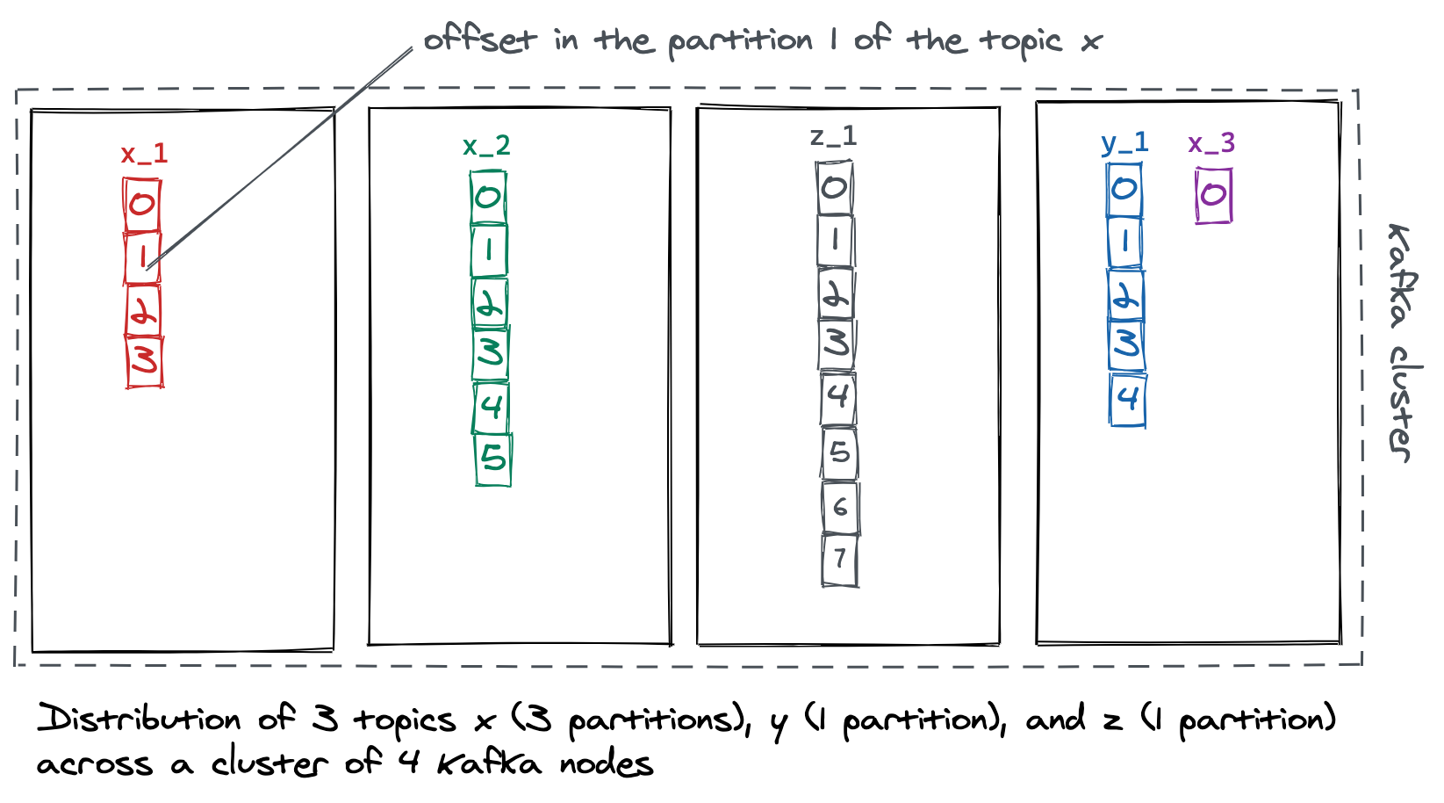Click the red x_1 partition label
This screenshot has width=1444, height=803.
(144, 154)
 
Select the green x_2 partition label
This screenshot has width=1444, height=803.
(486, 146)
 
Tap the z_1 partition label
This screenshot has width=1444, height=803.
(833, 136)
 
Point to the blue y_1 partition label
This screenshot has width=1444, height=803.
(1124, 142)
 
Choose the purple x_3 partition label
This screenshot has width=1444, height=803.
(1211, 142)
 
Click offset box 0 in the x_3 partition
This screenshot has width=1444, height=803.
(1213, 195)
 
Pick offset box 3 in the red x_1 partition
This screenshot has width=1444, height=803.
(145, 360)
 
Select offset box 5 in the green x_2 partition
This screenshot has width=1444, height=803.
(493, 459)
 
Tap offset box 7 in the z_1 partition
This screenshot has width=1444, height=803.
(840, 560)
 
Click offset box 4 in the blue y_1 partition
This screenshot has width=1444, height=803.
(1128, 400)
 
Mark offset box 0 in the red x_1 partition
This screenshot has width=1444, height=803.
(141, 205)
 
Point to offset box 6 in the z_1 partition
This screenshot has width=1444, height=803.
(840, 507)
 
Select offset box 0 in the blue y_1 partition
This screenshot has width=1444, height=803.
(1124, 189)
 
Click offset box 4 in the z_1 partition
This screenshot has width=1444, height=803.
(838, 397)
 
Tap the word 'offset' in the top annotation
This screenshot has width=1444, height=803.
(479, 40)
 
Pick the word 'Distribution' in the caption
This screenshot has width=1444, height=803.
(139, 720)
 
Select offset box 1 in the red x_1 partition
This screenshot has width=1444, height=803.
(142, 257)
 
